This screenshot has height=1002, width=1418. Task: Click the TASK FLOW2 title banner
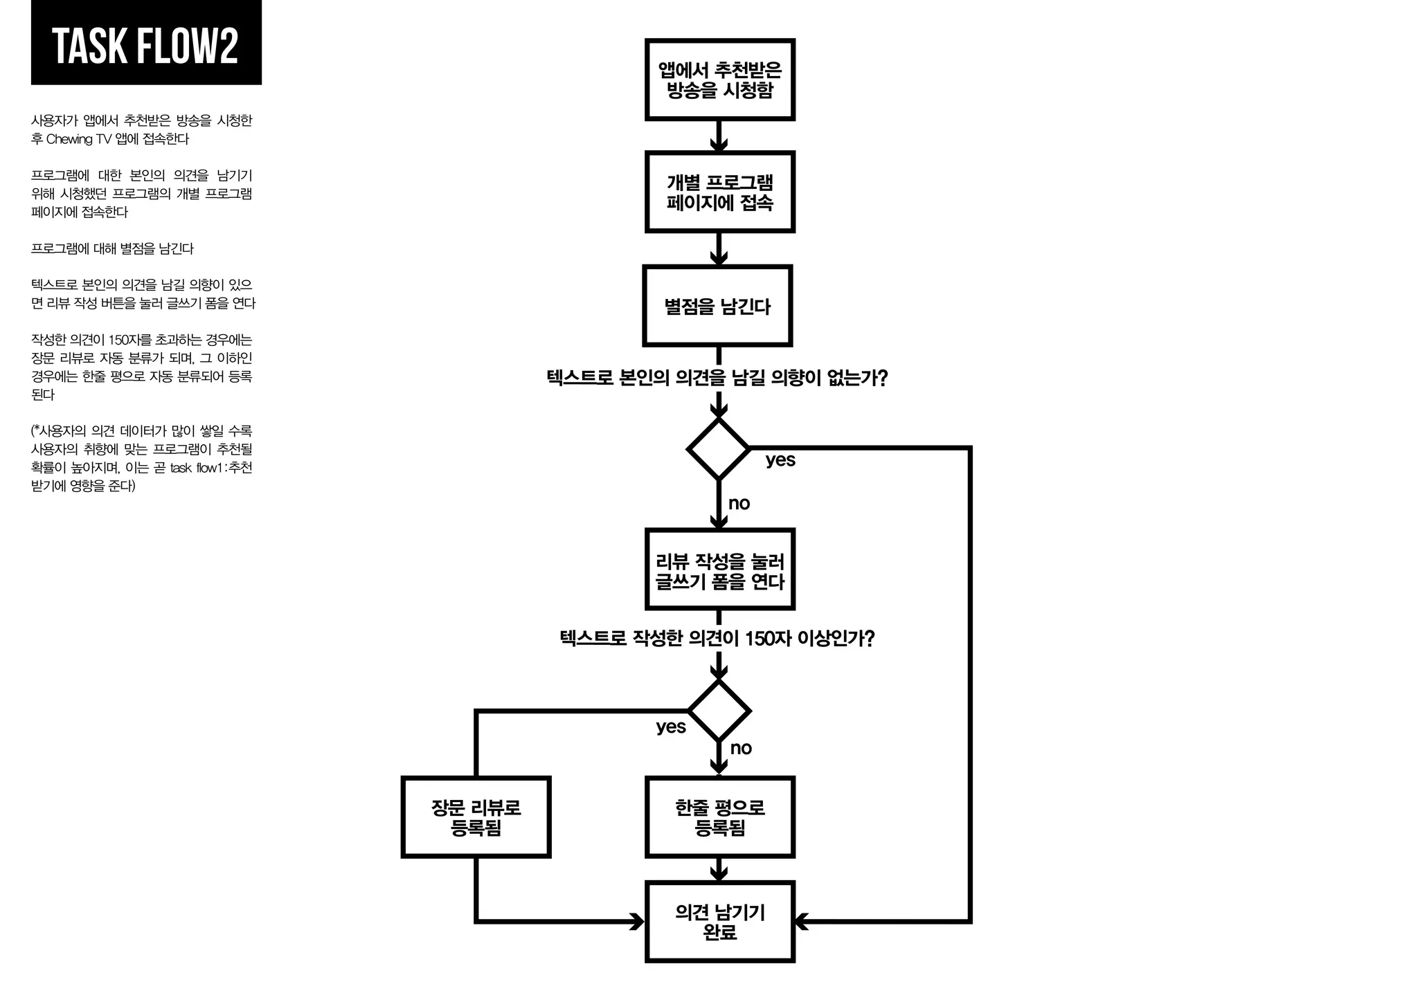146,44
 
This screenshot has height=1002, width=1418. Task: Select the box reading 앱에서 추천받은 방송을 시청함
719,80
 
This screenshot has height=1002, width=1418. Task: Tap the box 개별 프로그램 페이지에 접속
719,192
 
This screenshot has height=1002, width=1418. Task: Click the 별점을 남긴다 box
717,306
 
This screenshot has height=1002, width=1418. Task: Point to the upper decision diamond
719,449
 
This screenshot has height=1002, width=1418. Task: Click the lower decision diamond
719,711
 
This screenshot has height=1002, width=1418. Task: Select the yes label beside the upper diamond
780,460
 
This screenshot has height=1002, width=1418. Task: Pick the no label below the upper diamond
739,504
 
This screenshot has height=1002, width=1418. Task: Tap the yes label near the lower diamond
671,727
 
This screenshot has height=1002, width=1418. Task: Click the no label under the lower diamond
741,749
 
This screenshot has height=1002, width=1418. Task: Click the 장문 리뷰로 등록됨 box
476,817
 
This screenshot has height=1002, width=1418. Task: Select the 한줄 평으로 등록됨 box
719,817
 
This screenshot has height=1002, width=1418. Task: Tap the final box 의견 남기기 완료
719,922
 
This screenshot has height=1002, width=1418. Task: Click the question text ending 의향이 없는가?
717,378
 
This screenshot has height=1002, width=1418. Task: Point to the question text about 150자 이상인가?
717,638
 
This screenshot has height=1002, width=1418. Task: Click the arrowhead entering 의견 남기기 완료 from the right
802,922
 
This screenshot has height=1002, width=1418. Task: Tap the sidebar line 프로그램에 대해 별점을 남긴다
113,248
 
